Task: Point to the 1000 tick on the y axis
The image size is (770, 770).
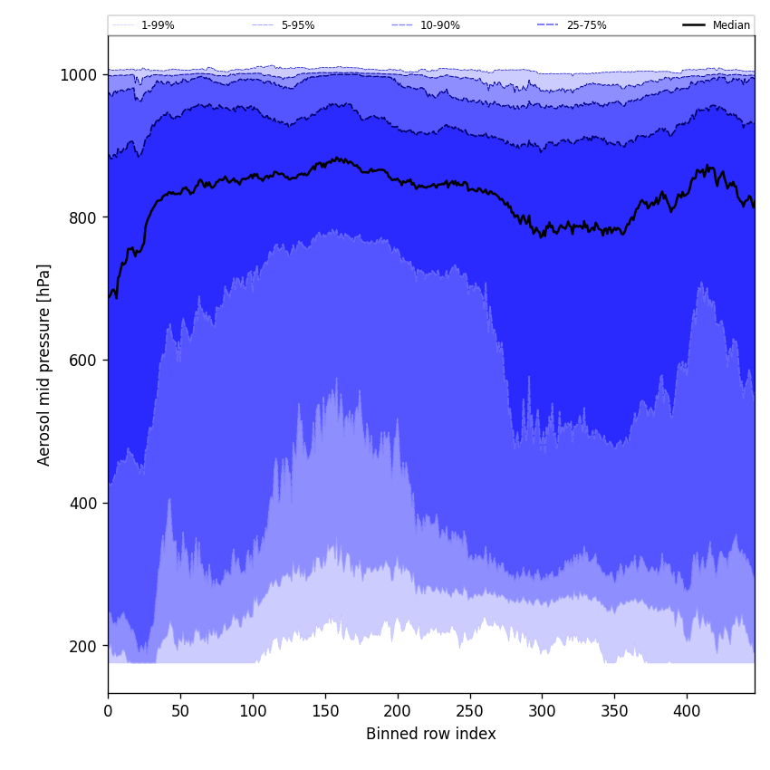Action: coord(79,75)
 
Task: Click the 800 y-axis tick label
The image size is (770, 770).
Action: coord(83,217)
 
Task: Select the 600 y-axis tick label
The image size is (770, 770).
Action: coord(83,361)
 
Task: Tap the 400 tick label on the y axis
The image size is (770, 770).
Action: coord(83,503)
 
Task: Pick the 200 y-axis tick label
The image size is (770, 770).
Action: coord(83,646)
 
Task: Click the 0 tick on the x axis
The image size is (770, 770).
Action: coord(108,711)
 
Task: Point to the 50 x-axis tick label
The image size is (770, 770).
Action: coord(180,711)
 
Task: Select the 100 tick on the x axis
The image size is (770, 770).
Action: coord(253,711)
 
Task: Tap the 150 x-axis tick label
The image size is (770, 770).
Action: coord(325,711)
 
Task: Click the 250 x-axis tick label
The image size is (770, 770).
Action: coord(469,711)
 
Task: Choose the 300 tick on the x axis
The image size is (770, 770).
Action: coord(542,711)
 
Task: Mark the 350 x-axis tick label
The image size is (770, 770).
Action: coord(614,711)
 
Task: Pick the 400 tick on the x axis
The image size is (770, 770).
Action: coord(687,711)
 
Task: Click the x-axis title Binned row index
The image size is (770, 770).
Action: coord(431,735)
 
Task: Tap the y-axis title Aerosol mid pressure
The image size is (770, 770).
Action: coord(44,364)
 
